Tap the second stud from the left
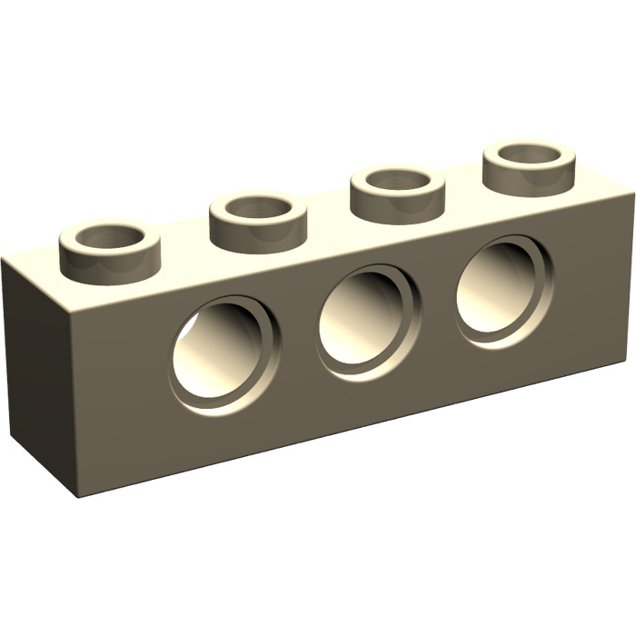[257, 218]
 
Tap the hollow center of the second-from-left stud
[257, 208]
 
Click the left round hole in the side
[225, 350]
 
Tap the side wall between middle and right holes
[437, 309]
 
